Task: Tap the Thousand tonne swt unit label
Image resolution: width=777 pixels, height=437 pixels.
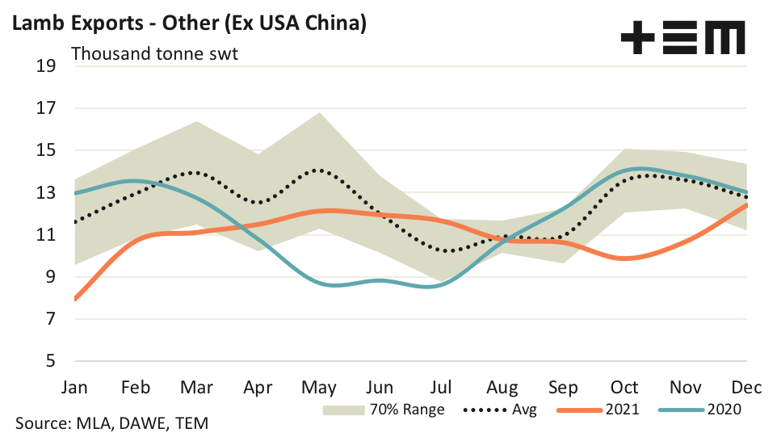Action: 153,54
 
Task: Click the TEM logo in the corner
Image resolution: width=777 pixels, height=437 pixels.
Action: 682,38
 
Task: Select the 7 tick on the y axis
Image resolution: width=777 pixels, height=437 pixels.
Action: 51,319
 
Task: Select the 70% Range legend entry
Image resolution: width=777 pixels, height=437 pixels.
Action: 384,409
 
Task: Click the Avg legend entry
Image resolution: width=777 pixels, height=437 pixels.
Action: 500,409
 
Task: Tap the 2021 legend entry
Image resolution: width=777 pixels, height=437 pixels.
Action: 598,409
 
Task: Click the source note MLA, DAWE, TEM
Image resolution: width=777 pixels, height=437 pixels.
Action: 118,423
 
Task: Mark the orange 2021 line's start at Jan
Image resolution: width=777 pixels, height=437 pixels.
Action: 75,299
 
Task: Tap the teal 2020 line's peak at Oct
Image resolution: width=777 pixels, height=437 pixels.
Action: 638,169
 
